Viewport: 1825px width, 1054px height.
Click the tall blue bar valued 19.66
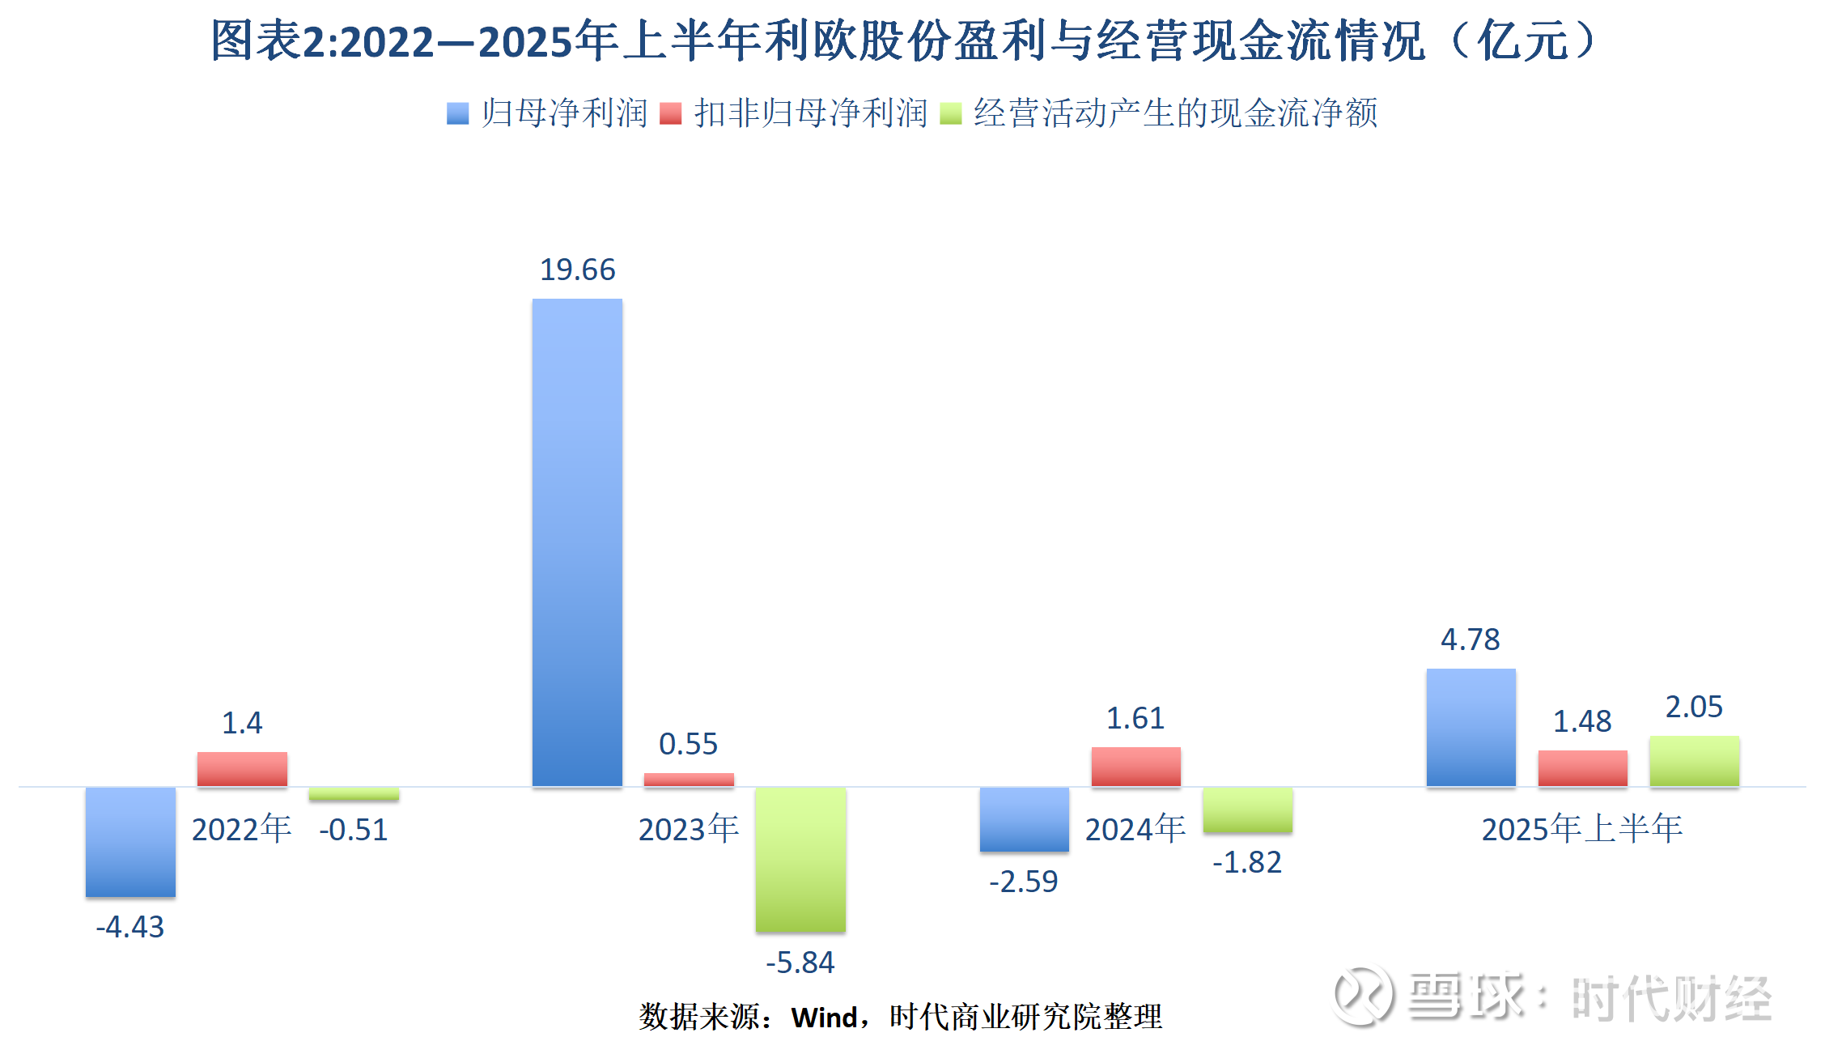577,542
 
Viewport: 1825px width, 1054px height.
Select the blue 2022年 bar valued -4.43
130,842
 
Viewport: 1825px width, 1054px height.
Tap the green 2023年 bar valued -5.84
800,860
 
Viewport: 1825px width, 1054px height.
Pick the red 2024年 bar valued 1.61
1135,767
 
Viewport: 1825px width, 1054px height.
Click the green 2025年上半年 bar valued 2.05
1694,761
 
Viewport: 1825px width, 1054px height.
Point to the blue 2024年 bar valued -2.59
1024,819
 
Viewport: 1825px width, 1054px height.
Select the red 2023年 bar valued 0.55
689,780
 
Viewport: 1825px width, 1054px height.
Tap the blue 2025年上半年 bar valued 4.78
1471,727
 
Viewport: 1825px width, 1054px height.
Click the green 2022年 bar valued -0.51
354,794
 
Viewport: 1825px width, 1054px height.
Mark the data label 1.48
1582,721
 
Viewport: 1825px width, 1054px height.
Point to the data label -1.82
1247,863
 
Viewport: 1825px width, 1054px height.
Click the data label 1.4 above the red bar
242,723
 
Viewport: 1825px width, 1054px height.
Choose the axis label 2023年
689,830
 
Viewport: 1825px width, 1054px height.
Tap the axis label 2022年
242,830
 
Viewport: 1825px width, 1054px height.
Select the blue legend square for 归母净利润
457,113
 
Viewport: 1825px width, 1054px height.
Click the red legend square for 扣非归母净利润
670,113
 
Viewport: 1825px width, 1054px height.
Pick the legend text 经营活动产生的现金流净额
1175,113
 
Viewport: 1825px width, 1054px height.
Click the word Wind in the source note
824,1018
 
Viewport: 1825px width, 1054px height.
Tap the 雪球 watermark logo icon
1364,996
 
